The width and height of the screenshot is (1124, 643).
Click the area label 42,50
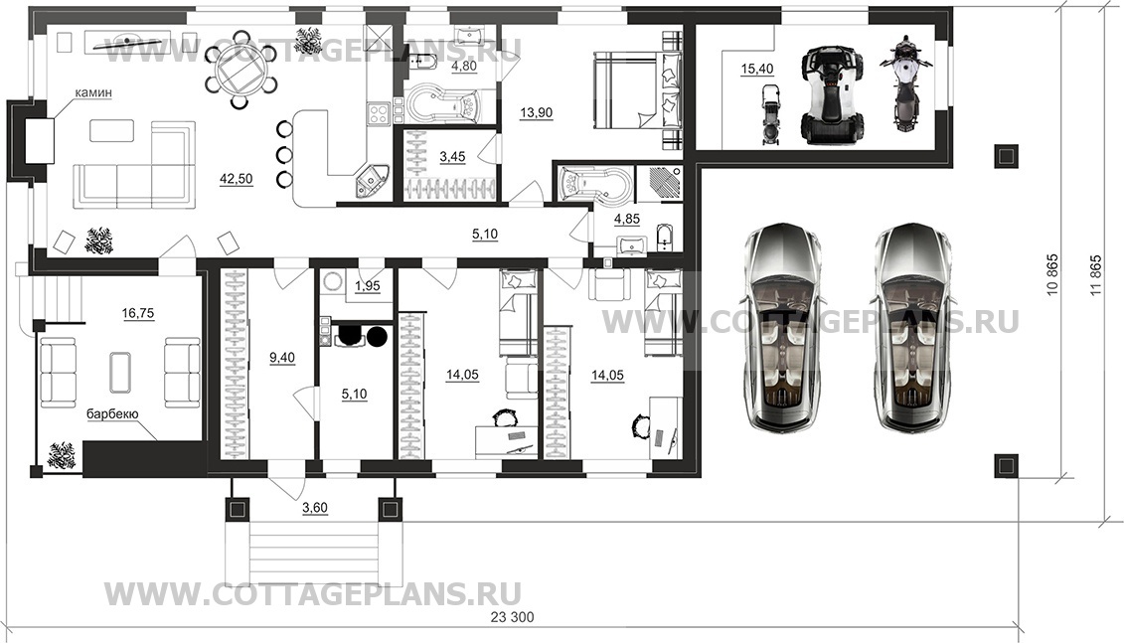[x=236, y=179]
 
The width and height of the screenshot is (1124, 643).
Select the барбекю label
[x=112, y=413]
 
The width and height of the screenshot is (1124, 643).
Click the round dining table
[x=241, y=71]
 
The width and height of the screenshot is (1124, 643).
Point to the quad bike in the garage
[x=832, y=94]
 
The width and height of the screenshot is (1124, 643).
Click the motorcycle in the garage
[x=904, y=83]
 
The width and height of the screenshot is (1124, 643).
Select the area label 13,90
[x=537, y=112]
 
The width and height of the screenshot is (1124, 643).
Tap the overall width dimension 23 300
[x=512, y=617]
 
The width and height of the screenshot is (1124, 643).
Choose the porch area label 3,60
[x=315, y=508]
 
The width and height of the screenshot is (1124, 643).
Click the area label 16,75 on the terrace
[x=138, y=313]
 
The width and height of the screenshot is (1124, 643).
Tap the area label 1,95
[x=368, y=285]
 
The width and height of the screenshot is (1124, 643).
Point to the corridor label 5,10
[x=485, y=234]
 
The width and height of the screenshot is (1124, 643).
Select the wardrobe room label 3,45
[x=452, y=156]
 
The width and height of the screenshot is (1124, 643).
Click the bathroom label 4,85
[x=627, y=219]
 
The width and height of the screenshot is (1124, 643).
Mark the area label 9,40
[x=282, y=357]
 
